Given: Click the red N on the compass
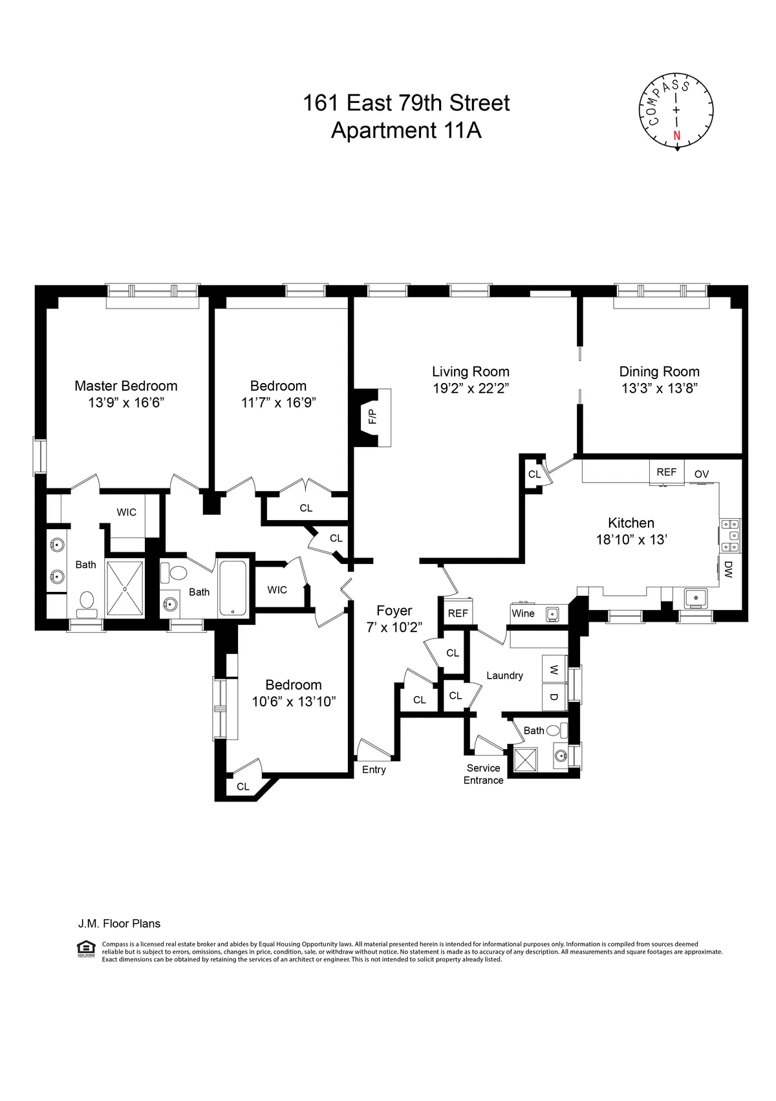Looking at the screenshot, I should click(x=677, y=136).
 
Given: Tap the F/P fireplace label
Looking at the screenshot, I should click(x=372, y=416).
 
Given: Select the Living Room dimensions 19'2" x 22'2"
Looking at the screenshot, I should click(x=470, y=389).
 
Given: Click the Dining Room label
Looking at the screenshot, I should click(x=659, y=371).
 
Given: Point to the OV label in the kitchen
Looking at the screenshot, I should click(x=702, y=474).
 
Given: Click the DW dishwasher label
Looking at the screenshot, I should click(x=728, y=569).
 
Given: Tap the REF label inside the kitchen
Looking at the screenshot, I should click(x=666, y=472).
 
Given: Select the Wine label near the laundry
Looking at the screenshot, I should click(x=523, y=613).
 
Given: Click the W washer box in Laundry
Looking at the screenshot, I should click(x=554, y=670).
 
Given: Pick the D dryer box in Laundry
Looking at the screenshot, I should click(x=554, y=697).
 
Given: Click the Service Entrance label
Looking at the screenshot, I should click(x=483, y=774).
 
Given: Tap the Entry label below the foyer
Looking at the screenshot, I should click(x=374, y=769).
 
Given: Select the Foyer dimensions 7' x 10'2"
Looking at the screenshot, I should click(x=394, y=627).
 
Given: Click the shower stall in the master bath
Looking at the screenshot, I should click(x=125, y=587).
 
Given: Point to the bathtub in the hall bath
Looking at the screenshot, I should click(x=232, y=588).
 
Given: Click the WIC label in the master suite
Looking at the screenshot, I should click(x=126, y=512).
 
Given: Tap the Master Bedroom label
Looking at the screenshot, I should click(x=125, y=386).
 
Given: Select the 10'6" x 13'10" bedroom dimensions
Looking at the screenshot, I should click(x=294, y=702).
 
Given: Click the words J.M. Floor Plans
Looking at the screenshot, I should click(x=119, y=924).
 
